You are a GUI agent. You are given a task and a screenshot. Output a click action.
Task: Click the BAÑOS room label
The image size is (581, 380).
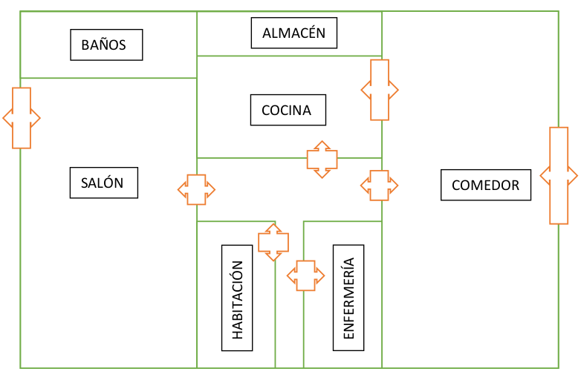click(x=106, y=45)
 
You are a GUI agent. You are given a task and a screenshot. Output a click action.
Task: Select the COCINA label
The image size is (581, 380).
click(x=288, y=110)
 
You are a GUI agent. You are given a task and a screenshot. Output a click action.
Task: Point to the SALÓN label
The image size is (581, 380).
click(x=104, y=183)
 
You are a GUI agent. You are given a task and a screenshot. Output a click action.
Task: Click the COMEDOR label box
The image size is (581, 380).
click(x=485, y=185)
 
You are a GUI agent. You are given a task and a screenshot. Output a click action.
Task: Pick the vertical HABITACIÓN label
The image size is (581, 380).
click(x=237, y=297)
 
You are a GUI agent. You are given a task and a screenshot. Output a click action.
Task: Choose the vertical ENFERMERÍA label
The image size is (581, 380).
click(x=348, y=297)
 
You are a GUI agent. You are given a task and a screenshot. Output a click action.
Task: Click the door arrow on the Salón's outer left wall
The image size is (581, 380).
click(x=21, y=117)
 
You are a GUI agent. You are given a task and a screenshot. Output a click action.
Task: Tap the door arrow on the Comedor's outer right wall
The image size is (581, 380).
click(x=559, y=176)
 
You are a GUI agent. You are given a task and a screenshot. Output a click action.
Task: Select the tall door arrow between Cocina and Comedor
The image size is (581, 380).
click(x=379, y=90)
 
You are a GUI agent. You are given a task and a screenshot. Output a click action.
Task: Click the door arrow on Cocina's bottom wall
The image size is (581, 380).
click(x=322, y=159)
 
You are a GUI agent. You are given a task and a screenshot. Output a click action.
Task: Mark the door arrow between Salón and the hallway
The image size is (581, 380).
click(x=196, y=189)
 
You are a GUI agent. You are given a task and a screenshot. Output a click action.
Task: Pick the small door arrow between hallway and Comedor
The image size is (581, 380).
click(x=379, y=185)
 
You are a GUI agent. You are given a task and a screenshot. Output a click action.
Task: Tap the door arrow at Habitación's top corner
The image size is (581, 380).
click(x=273, y=242)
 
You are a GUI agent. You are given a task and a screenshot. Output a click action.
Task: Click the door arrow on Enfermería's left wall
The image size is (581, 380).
click(x=305, y=275)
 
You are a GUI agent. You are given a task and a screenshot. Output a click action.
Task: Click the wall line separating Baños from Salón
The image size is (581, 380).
click(x=108, y=78)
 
